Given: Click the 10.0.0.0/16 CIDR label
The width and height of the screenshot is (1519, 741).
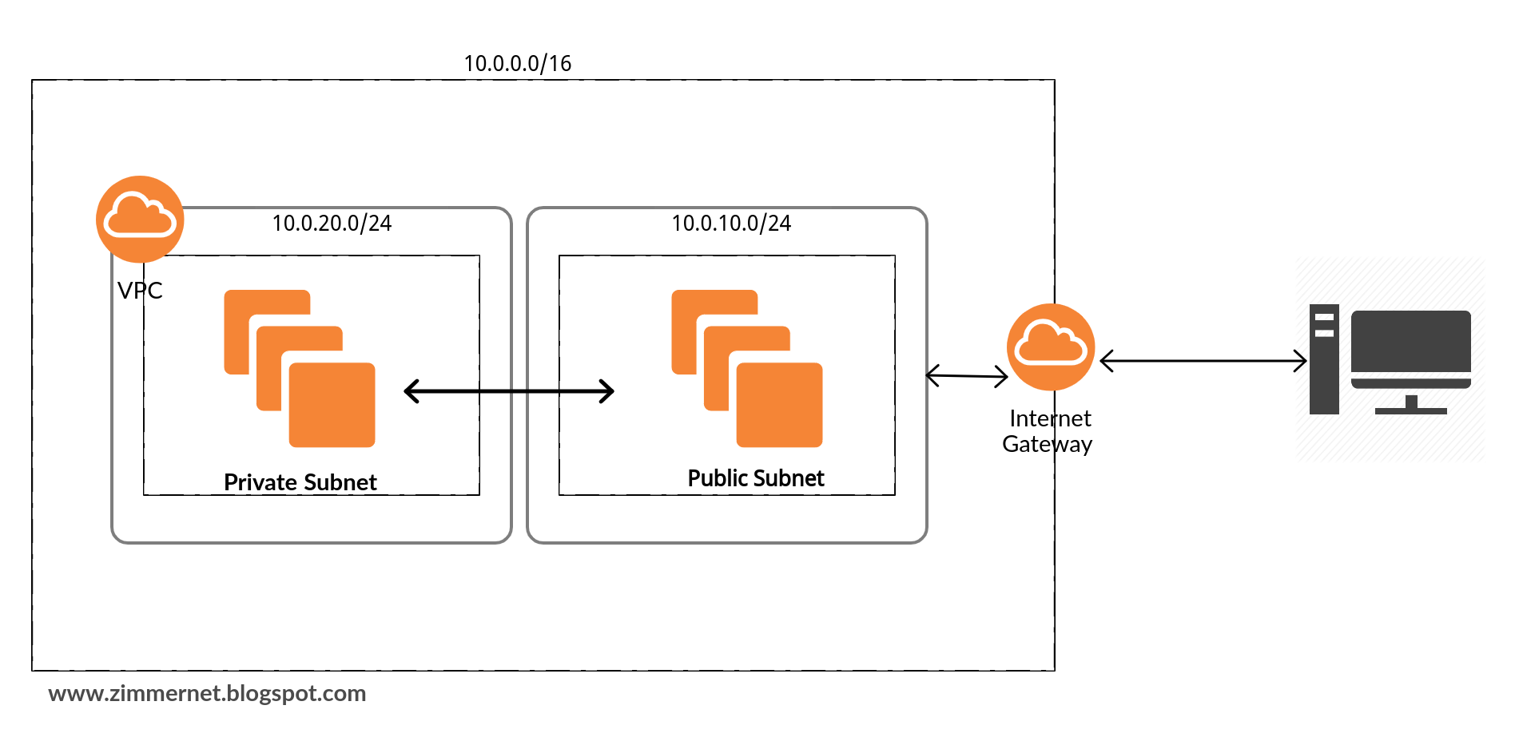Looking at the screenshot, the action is [518, 63].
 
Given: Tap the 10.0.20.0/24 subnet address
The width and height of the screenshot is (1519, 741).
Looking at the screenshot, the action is [332, 223].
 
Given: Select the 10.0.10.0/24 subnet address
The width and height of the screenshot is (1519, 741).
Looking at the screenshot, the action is [731, 223].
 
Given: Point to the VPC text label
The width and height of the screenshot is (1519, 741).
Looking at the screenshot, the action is [140, 291].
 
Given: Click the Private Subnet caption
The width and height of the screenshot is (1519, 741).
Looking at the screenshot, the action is [300, 482].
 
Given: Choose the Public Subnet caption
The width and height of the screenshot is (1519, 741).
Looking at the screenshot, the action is [756, 478].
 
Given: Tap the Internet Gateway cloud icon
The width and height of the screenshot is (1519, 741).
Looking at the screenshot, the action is [1051, 347].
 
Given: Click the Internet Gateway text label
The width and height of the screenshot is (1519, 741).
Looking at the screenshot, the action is [1048, 431].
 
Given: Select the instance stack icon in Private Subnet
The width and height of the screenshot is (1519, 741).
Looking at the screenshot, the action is [300, 368].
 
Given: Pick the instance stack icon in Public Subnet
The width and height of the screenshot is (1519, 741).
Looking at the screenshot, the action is [747, 368].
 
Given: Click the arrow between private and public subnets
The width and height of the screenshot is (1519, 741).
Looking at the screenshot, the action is [509, 391].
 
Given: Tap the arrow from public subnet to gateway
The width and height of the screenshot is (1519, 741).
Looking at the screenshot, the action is [967, 375].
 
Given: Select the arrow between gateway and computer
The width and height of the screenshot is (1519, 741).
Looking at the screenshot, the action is [1203, 361].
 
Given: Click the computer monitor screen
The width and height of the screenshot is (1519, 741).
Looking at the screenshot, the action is [1411, 342].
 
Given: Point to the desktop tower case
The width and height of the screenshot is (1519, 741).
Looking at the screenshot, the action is [1324, 359].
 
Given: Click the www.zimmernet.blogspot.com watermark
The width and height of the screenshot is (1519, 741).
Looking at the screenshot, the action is [207, 693].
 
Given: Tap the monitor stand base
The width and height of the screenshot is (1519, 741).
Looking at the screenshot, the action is [1411, 410].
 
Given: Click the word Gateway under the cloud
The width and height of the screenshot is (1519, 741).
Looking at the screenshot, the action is [1048, 444].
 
